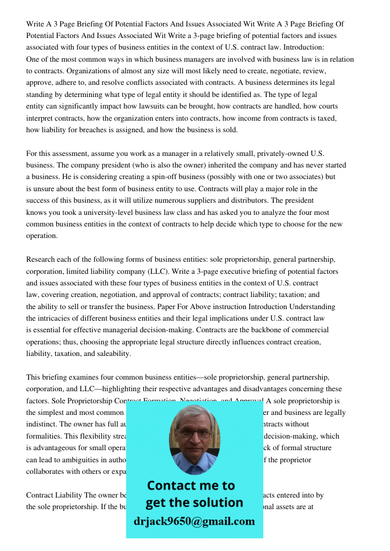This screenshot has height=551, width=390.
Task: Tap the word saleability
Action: [113, 354]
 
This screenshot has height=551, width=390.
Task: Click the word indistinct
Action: [45, 424]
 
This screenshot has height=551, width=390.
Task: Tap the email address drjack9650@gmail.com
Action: [194, 521]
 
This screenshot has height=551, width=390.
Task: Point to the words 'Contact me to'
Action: [191, 485]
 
